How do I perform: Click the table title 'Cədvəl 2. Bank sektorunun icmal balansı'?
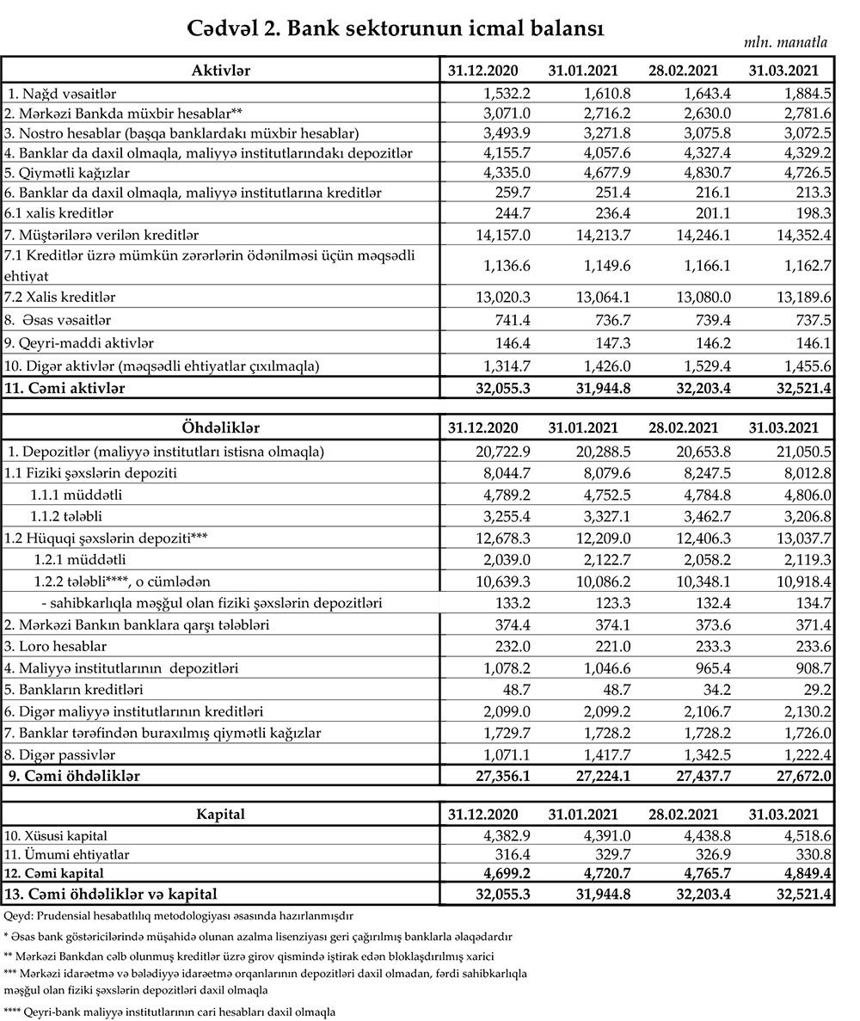click(396, 28)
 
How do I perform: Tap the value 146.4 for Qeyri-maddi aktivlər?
click(513, 342)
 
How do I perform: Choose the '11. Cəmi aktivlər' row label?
click(65, 388)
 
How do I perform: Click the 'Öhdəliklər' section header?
click(220, 427)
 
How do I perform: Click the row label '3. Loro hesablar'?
click(54, 647)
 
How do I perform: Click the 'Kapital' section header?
click(220, 814)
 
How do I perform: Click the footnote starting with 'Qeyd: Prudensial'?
click(178, 917)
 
